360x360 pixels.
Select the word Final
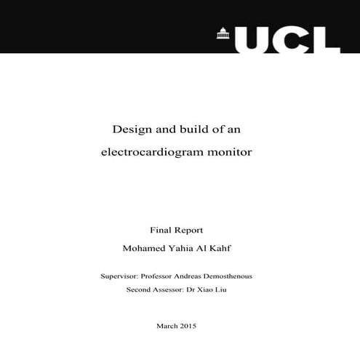pos(161,229)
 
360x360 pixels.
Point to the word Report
pos(193,230)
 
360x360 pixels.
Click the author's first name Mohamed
pos(146,249)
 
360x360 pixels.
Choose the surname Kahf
pos(227,249)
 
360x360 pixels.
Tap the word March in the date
pos(168,326)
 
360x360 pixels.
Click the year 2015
pos(189,326)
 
